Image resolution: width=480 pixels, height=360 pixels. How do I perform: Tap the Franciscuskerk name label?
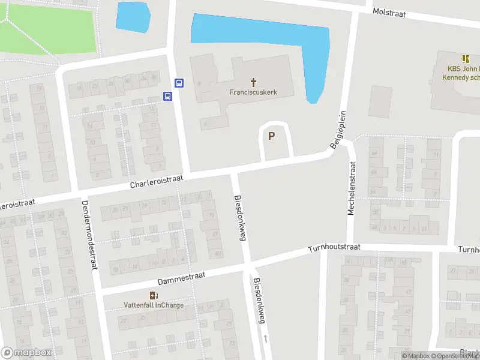(253, 92)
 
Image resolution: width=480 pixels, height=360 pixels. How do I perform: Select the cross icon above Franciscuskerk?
(253, 82)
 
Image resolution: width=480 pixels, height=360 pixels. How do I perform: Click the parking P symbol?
(271, 136)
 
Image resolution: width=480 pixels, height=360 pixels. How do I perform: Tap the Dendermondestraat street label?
(89, 234)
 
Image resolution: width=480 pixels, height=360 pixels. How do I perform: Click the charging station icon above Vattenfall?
(154, 295)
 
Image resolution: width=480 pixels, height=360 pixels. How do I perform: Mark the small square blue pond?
(133, 17)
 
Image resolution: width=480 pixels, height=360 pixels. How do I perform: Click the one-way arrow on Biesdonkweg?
(265, 339)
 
